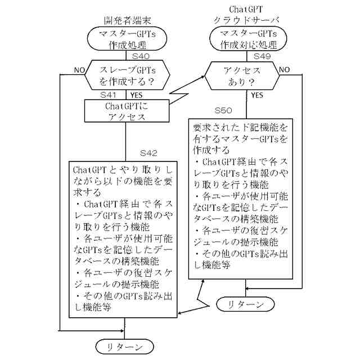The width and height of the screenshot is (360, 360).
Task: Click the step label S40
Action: coord(141,57)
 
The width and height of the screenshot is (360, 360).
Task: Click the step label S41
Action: coord(109,95)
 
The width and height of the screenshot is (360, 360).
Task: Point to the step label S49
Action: coord(264,56)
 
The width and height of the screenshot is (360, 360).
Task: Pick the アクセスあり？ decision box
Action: coord(242,75)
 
